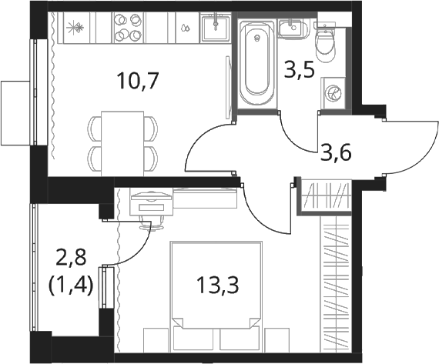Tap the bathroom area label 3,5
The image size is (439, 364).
pos(300,70)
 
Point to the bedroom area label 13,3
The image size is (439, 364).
pos(218,286)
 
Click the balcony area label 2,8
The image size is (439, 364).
pos(70,260)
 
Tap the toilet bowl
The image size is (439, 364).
pos(325,42)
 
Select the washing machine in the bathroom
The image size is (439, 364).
pos(333,93)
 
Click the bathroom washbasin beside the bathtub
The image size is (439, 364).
pos(293,28)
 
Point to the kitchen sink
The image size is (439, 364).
pos(216,28)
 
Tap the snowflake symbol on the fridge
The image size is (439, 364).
pos(75,28)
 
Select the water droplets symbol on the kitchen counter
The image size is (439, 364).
pos(185,28)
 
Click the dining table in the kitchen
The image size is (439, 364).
pos(122,144)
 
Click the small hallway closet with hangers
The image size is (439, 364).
pos(325,195)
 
